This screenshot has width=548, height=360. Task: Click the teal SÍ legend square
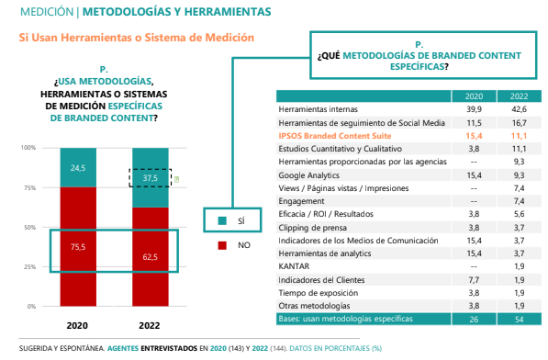point(222,220)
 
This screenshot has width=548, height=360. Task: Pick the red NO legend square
point(222,245)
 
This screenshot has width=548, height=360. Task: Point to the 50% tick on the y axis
point(29,227)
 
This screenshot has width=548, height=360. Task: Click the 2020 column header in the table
point(474,96)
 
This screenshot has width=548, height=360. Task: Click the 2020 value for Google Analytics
point(474,173)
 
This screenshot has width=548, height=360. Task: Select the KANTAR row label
point(293,265)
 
